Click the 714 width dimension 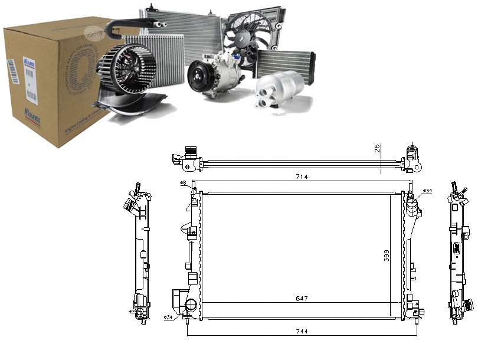(x=303, y=176)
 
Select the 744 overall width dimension (x=303, y=331)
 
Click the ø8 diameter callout (x=184, y=184)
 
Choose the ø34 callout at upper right (x=428, y=190)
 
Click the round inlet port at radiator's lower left (x=190, y=305)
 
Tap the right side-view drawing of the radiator (x=459, y=254)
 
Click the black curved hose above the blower (x=133, y=25)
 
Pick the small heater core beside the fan (x=285, y=62)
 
